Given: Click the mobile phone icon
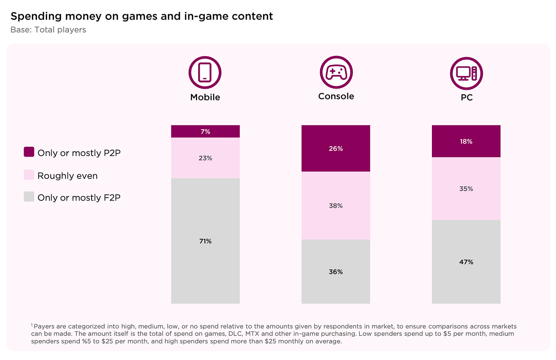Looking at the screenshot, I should (205, 73).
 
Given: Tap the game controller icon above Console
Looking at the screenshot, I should (336, 72).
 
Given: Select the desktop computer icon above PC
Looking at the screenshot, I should (466, 73).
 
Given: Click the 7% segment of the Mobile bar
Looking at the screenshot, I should (205, 131).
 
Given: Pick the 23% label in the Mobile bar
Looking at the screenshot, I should (205, 158).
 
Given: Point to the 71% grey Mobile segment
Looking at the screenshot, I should (205, 241).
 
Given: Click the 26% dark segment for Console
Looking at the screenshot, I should (336, 149).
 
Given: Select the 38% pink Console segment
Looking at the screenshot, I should (336, 206).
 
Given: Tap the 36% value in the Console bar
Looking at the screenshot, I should (336, 272).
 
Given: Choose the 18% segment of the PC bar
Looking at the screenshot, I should (466, 141).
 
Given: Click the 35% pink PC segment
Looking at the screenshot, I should (466, 189).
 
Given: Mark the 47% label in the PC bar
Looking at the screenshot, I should (466, 262).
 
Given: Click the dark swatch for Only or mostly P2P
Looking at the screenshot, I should (29, 152).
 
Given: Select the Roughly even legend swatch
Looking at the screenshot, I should (29, 175).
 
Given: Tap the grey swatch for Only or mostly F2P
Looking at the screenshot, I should (29, 196).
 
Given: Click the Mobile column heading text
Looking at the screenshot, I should (205, 97).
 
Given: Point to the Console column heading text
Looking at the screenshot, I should (336, 96).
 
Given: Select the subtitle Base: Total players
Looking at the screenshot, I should (48, 30).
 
